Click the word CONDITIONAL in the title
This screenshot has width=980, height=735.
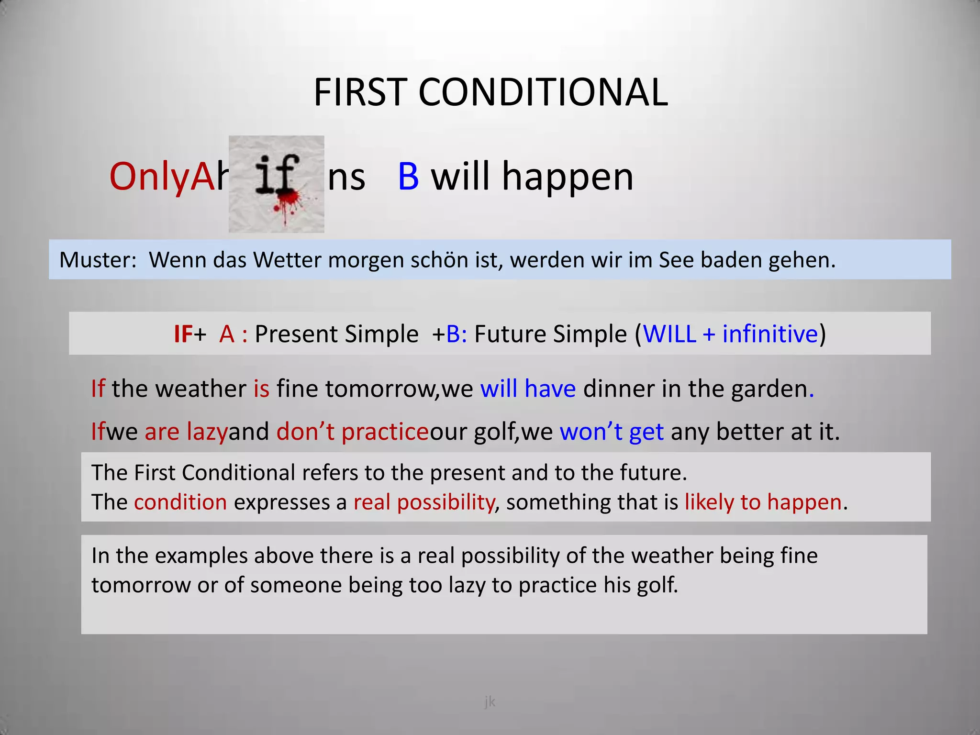543,92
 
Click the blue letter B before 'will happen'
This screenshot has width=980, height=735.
408,177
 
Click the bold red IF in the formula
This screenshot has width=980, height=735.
183,334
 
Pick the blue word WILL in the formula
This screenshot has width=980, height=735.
669,334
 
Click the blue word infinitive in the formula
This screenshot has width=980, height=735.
770,334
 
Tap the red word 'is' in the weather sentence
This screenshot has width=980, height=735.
261,388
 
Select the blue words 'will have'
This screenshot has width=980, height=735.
528,388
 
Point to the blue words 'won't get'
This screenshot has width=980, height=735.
612,432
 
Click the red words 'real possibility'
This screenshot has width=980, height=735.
424,502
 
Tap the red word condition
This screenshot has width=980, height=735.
180,502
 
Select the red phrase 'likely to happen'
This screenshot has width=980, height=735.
763,502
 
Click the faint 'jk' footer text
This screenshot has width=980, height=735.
490,702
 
